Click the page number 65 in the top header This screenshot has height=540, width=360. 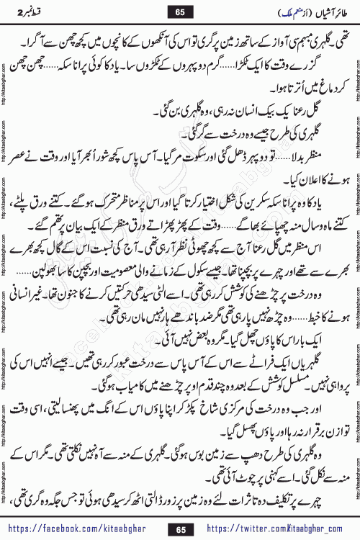point(179,12)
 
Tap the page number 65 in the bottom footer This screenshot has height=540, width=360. point(179,528)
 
